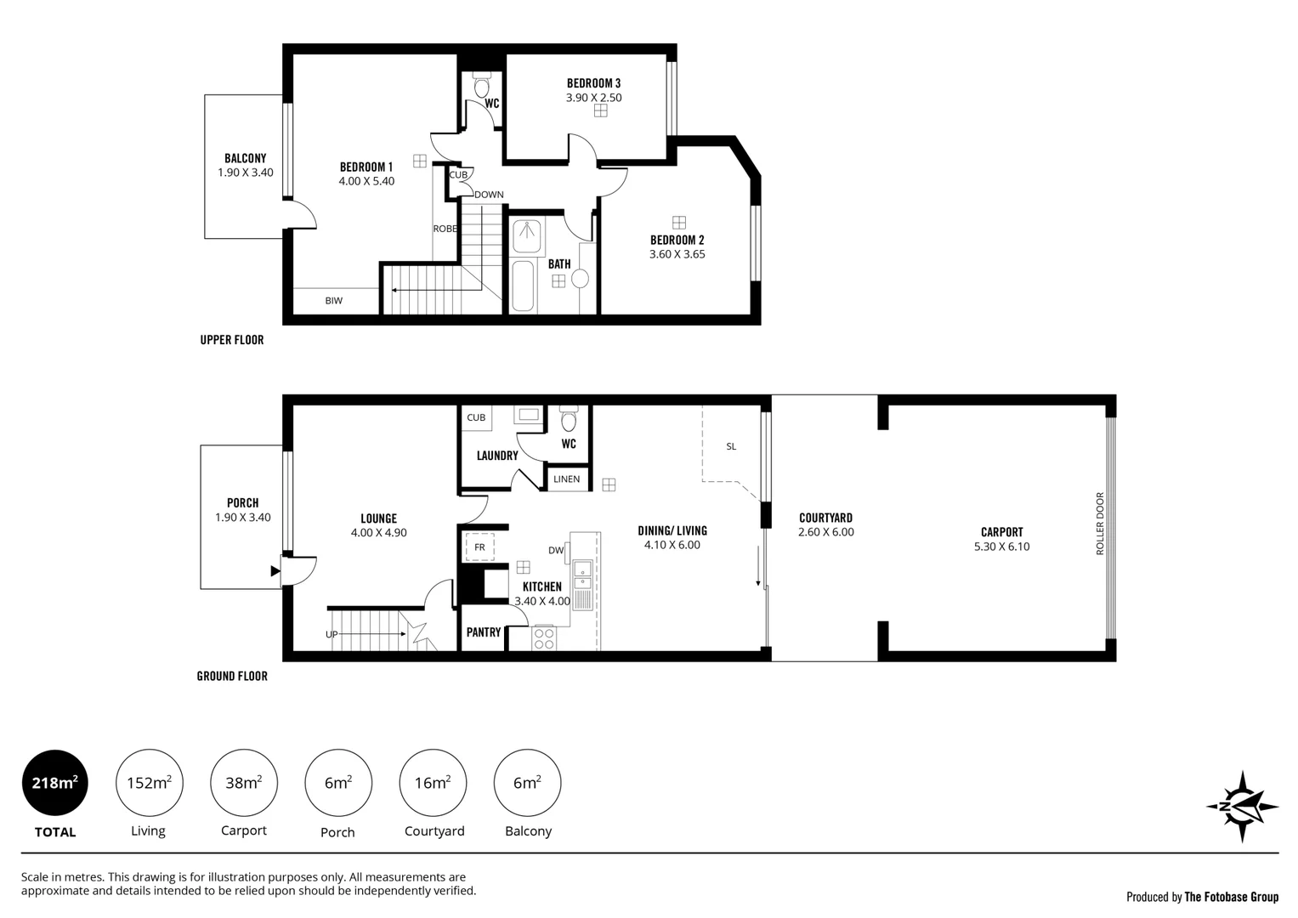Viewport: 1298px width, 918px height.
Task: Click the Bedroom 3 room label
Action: (593, 83)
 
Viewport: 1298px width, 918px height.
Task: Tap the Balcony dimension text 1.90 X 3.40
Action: (245, 173)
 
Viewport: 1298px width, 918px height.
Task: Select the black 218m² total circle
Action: (54, 783)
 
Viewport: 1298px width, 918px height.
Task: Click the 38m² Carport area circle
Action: (243, 783)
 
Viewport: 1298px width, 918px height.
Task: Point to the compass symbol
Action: (1241, 806)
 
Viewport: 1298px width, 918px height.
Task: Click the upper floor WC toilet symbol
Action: (481, 87)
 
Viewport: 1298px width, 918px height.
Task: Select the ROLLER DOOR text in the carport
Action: (1099, 524)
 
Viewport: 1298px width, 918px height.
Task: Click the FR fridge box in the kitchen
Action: (479, 547)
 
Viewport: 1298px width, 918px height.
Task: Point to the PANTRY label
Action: (484, 632)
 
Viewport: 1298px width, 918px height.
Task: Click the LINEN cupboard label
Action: (566, 479)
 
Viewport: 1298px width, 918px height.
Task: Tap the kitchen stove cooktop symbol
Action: (543, 637)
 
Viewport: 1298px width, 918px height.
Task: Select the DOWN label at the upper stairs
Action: (489, 195)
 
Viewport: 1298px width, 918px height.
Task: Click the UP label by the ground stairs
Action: (332, 635)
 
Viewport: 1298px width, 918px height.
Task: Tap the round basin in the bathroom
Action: (581, 279)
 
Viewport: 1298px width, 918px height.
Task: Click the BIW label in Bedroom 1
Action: (333, 301)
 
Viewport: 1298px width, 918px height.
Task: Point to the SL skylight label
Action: (731, 446)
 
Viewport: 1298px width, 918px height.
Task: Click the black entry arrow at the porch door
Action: (275, 571)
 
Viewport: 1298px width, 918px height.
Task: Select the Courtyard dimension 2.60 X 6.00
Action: (825, 533)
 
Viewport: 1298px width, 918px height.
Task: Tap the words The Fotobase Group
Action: (1231, 897)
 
